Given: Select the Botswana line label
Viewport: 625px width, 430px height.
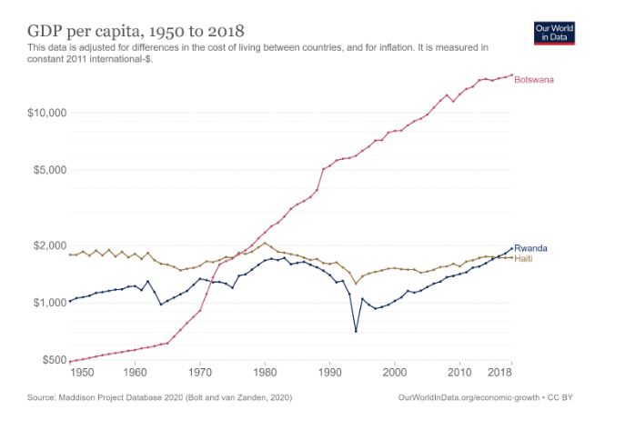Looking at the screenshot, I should tap(534, 80).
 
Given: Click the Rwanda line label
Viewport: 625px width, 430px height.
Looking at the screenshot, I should tap(530, 248).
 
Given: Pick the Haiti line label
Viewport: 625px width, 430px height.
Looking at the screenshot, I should tap(524, 258).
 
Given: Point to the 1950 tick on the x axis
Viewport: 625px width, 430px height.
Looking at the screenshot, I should tap(83, 373).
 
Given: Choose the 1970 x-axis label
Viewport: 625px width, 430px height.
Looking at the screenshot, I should tap(200, 373).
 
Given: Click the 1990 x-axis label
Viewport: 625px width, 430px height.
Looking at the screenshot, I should tap(330, 373).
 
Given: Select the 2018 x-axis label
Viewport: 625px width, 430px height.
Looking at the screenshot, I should tap(499, 373).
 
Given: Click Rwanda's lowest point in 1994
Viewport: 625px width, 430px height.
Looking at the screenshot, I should tap(356, 331).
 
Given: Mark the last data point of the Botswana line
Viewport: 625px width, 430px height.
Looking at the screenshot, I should tap(511, 75).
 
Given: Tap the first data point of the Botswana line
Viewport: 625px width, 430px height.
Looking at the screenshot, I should tap(70, 362).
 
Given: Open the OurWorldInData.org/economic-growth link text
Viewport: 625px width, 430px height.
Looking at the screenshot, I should tap(469, 398).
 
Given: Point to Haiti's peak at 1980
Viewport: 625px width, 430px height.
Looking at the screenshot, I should tap(265, 243).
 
